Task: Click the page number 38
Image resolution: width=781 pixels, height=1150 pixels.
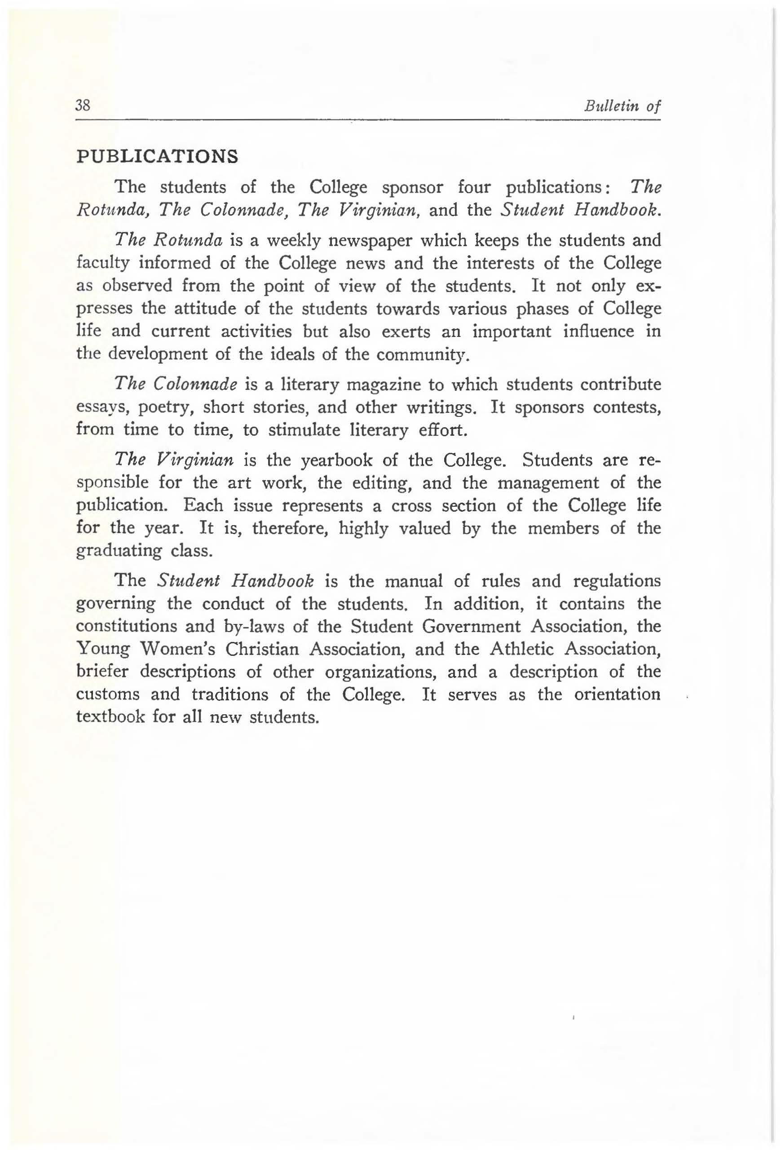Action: [82, 106]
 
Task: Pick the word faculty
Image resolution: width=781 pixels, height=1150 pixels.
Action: [103, 263]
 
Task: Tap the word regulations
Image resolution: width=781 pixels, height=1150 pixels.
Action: [617, 580]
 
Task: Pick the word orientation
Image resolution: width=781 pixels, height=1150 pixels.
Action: [617, 694]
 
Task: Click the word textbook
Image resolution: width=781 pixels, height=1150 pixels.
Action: [110, 717]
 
